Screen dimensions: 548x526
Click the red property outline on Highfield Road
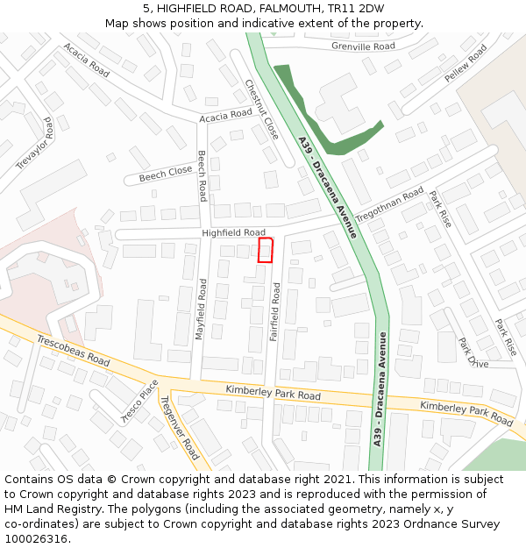(266, 250)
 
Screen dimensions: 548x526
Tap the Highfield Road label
(233, 232)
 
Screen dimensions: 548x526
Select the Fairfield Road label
(275, 311)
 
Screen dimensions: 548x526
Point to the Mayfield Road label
(201, 309)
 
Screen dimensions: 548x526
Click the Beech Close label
(165, 174)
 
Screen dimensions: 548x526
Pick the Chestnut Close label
(262, 110)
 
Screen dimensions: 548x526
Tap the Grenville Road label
(363, 46)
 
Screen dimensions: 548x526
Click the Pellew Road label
(465, 64)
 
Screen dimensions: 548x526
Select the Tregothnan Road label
(389, 203)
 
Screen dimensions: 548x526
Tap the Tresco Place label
(139, 400)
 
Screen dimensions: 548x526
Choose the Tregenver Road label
(179, 427)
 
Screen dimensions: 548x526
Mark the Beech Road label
(203, 175)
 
